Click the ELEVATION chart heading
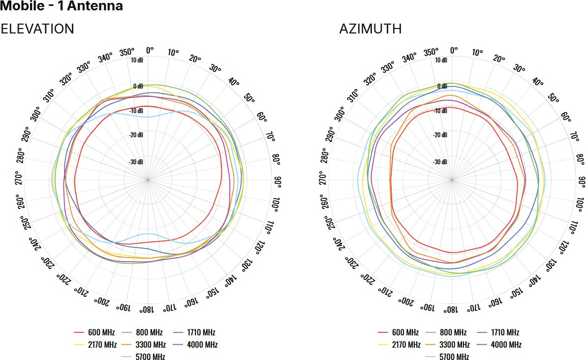click(x=37, y=29)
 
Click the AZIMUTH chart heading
click(x=370, y=29)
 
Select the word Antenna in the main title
click(x=94, y=6)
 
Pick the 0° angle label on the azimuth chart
click(x=454, y=50)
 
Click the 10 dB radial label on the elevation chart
click(x=137, y=60)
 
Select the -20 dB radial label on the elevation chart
click(x=136, y=135)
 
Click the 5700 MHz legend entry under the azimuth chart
click(x=453, y=357)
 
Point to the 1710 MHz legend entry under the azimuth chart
click(x=504, y=332)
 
